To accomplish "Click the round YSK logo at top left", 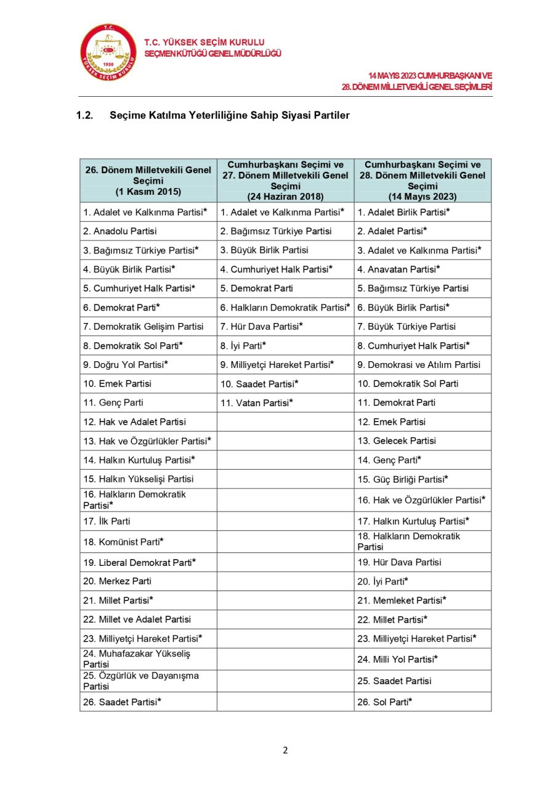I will (x=108, y=53).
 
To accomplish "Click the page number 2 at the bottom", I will (x=285, y=750).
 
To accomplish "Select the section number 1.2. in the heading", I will (x=84, y=115).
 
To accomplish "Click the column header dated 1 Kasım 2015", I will (x=148, y=181).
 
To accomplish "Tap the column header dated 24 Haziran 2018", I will (x=285, y=181).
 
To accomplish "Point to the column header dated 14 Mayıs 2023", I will (x=423, y=181).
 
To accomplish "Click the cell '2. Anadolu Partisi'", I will (x=120, y=231).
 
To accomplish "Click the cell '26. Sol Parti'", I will (x=385, y=701).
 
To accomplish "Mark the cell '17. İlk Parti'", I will (x=107, y=521).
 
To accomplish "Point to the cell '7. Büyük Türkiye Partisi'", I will (x=407, y=327).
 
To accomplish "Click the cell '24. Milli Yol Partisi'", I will (x=398, y=660).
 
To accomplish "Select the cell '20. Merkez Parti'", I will (x=117, y=581).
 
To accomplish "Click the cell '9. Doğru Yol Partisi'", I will (x=126, y=365).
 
